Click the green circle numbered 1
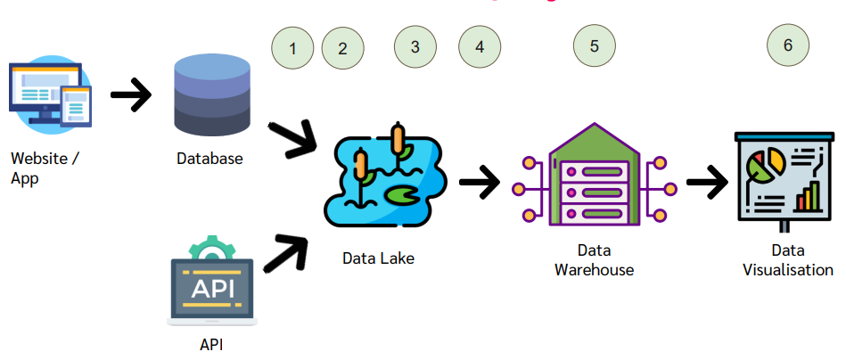[292, 48]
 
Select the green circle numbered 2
[343, 48]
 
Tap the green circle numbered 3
[415, 46]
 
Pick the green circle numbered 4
[480, 46]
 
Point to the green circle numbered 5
[594, 45]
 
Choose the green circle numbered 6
[788, 45]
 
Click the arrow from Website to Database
[130, 94]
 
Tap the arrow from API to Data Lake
[286, 251]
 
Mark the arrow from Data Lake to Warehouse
[479, 183]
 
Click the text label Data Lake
[378, 258]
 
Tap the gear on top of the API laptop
[210, 246]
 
